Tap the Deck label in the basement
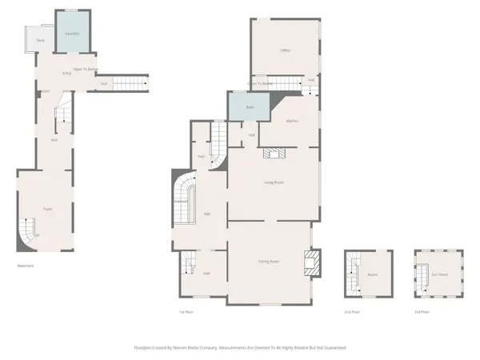[40, 40]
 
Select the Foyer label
[47, 209]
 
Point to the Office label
[285, 50]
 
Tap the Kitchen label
[293, 121]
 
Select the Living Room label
[274, 182]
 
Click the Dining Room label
[268, 262]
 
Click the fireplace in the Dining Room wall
[310, 262]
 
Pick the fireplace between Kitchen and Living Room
[277, 155]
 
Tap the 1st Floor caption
[187, 311]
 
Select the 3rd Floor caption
[421, 311]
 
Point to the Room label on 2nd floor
[372, 274]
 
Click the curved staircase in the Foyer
[30, 233]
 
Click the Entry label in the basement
[68, 74]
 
